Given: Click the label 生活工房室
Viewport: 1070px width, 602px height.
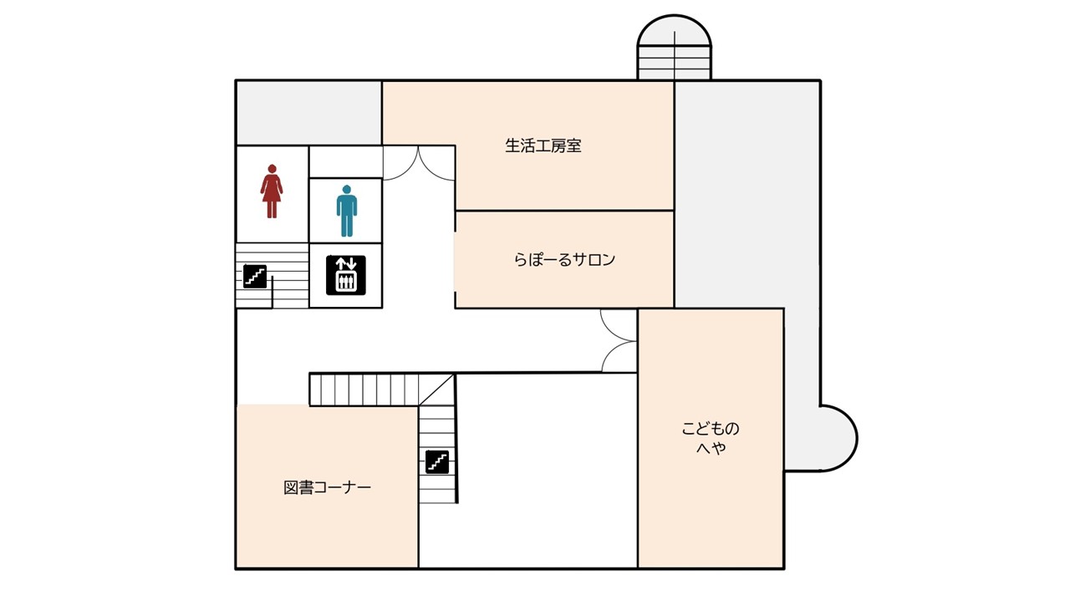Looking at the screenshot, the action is (543, 145).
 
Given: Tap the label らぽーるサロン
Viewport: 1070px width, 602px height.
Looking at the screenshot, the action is (564, 259).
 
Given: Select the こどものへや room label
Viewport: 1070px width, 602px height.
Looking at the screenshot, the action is (711, 437).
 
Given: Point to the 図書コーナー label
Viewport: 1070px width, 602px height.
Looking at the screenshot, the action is (327, 487).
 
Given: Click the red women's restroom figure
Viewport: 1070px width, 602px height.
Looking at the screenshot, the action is (272, 191).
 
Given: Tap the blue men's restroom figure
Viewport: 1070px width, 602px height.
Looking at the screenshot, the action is (347, 211).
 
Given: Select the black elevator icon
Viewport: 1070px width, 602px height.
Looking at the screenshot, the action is (346, 275).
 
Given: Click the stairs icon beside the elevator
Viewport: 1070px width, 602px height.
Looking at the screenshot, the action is (255, 276).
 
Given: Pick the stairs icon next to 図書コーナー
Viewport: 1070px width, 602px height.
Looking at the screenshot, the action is (437, 462).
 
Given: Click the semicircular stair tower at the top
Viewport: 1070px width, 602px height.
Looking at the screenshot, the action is (674, 48).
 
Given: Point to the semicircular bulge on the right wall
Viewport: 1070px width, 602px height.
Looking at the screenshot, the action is (838, 438).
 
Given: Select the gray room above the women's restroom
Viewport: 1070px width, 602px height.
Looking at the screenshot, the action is (309, 113).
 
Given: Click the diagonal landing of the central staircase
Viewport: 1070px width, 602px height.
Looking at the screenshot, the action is (436, 390).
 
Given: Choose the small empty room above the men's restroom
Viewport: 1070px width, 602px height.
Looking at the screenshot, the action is (345, 161).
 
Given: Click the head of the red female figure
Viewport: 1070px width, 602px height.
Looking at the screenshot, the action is (272, 169).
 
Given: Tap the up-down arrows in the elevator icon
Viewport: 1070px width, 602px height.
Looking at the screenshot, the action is (346, 263).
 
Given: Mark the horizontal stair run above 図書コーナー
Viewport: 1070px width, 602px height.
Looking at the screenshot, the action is (364, 390).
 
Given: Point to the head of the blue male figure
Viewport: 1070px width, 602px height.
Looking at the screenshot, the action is (347, 190).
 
